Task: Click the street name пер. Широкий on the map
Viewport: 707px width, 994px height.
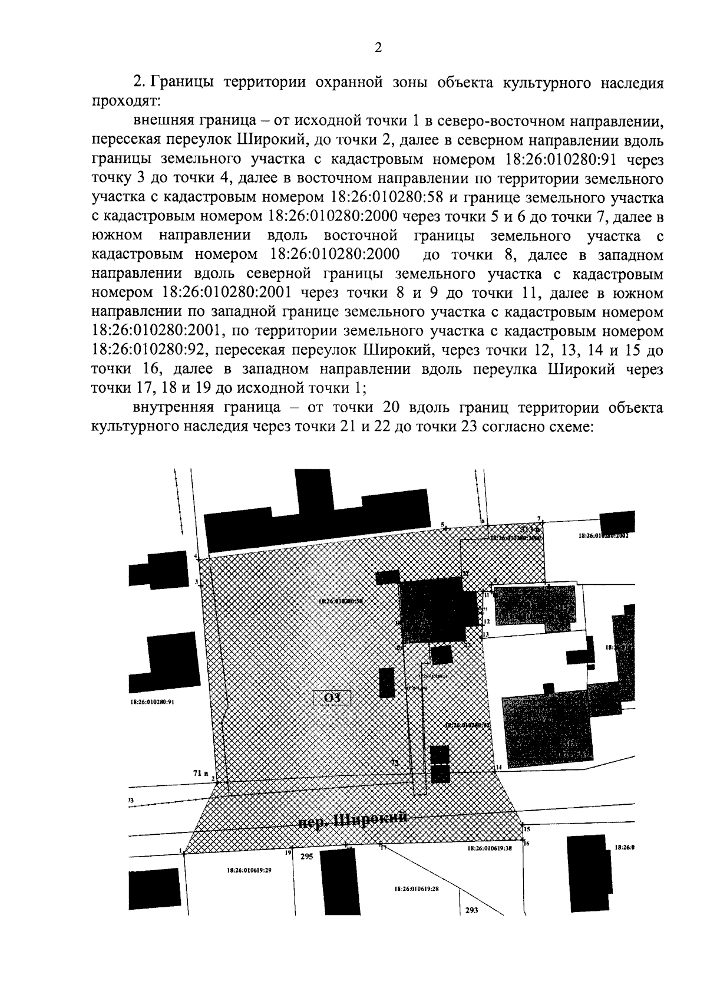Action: pos(353,821)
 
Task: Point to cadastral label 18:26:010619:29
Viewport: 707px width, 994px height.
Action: pos(250,870)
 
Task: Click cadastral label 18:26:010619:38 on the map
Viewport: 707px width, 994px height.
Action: pos(490,849)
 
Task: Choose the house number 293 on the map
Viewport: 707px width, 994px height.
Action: pos(471,926)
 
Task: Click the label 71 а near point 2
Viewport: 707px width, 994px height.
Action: pos(200,772)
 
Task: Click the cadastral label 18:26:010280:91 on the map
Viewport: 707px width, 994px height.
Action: pos(150,702)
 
